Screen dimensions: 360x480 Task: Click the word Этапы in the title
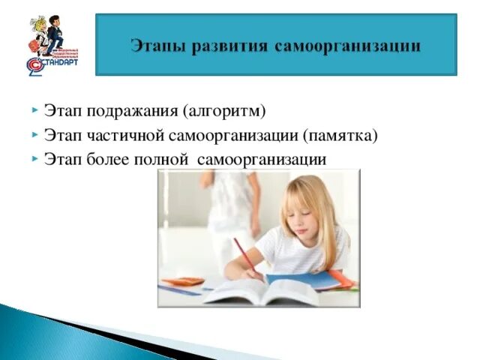(x=154, y=46)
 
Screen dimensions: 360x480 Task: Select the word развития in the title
(x=220, y=46)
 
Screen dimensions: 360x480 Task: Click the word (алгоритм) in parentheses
(x=224, y=112)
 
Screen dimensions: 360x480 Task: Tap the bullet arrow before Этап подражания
(x=35, y=112)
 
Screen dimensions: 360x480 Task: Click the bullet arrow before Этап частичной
(x=35, y=136)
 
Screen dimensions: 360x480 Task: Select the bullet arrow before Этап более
(x=35, y=159)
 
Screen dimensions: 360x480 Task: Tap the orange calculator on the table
(x=183, y=282)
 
